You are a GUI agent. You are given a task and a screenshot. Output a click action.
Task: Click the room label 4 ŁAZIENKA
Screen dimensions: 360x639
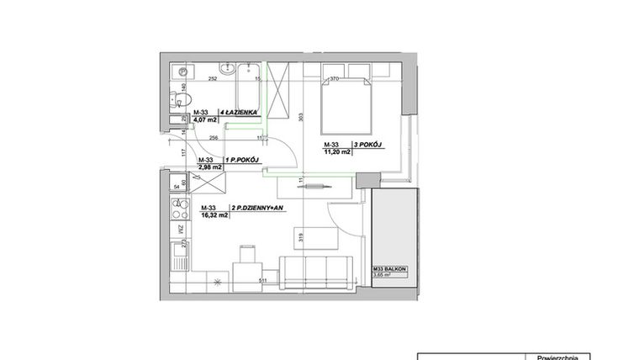241,112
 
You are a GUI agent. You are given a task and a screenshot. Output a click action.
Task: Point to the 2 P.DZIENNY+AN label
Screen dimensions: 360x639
250,208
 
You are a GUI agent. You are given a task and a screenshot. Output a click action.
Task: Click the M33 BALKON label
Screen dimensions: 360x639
390,268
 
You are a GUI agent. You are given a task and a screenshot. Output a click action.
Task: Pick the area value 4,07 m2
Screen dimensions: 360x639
206,120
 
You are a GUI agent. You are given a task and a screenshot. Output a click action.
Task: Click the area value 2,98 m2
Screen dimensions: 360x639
209,167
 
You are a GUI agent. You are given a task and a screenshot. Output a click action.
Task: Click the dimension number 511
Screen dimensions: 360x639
262,281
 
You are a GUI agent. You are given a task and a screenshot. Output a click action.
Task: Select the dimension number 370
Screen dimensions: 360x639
334,78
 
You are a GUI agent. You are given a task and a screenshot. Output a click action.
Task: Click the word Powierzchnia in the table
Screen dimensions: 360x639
556,356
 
